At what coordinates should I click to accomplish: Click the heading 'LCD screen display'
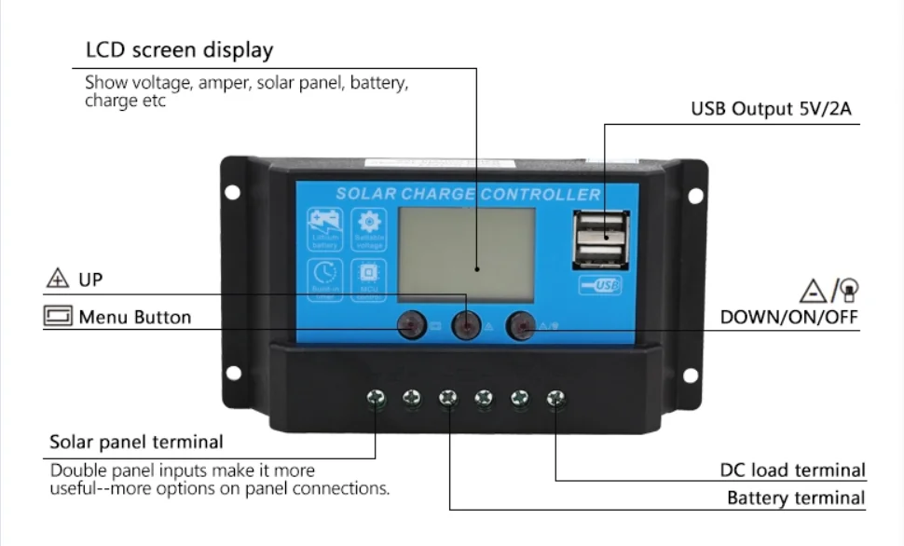(179, 49)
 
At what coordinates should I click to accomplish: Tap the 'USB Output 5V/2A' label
(771, 109)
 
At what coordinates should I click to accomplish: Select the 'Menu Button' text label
(134, 317)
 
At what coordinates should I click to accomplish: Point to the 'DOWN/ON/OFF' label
(788, 317)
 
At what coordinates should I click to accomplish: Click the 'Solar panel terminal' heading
(136, 442)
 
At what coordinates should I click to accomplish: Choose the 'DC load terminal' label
(793, 471)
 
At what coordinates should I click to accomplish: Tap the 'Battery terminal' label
(796, 498)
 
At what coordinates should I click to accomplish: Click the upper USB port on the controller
(602, 226)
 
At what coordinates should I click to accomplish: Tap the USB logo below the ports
(601, 286)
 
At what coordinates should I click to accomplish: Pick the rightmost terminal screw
(555, 400)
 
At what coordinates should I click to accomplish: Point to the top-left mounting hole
(232, 193)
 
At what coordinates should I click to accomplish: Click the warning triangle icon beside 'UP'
(58, 279)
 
